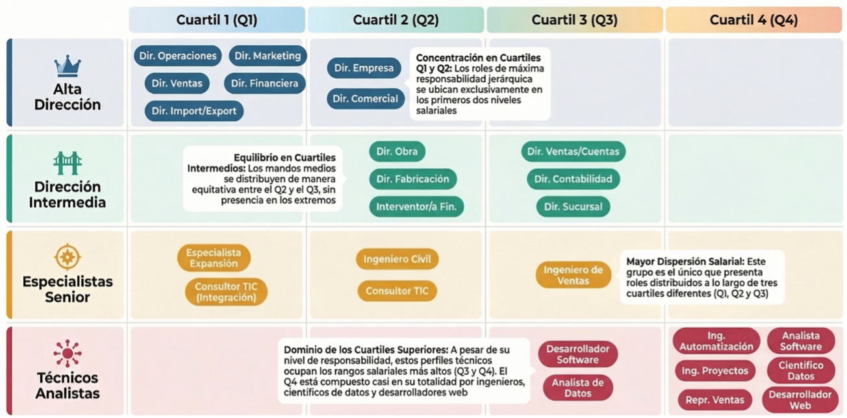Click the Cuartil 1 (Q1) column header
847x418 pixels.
(x=217, y=20)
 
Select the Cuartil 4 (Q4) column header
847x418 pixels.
(x=753, y=20)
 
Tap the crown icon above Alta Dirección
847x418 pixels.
(x=68, y=66)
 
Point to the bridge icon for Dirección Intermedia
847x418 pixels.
(x=68, y=163)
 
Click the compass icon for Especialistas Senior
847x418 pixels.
(x=68, y=257)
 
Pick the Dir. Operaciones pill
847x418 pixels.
(x=178, y=56)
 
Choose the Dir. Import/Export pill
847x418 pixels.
(x=194, y=111)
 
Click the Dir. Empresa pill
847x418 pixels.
(x=364, y=68)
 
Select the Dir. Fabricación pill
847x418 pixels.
(x=413, y=179)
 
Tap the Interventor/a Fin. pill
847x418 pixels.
(x=416, y=207)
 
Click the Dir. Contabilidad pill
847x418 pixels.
(x=573, y=179)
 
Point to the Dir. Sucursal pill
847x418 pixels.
(x=573, y=207)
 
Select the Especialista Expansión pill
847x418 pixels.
(x=213, y=258)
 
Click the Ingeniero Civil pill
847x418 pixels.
(x=397, y=259)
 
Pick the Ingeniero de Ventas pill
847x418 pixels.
(x=573, y=275)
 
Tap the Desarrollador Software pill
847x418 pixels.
(x=577, y=354)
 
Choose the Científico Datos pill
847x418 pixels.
(x=800, y=371)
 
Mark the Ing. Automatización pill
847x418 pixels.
(x=716, y=341)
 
